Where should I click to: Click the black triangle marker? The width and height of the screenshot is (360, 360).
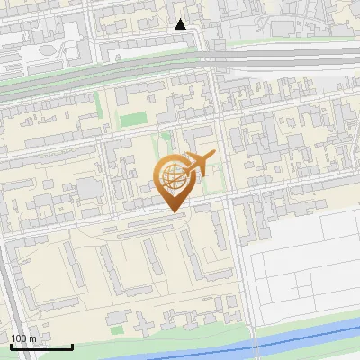point(181,24)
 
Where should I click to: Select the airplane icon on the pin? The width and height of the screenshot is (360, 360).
point(199,164)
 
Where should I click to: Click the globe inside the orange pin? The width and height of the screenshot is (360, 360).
point(173,177)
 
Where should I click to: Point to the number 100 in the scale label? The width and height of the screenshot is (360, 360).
point(20,338)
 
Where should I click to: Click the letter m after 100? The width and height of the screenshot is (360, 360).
point(33,338)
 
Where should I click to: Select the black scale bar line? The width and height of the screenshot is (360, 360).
point(41,347)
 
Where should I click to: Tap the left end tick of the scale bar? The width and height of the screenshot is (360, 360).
point(11,346)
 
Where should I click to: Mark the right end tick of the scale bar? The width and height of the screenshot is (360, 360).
point(72,346)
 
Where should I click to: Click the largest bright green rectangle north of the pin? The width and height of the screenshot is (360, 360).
point(133,119)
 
